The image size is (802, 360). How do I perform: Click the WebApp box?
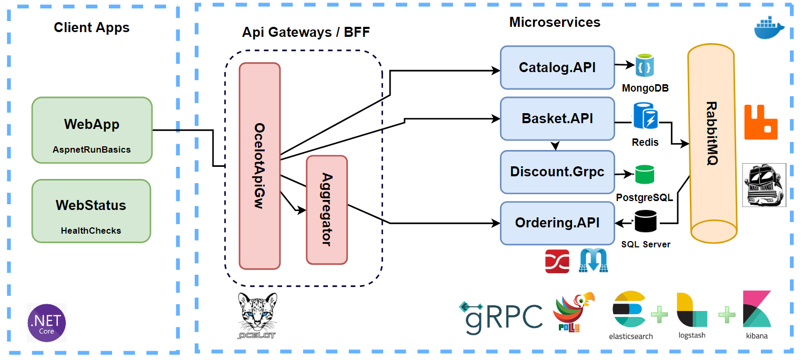click(x=92, y=130)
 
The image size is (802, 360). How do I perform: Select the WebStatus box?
click(x=91, y=211)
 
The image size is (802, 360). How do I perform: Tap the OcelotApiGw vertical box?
click(x=259, y=166)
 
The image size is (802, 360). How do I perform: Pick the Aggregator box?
click(x=327, y=209)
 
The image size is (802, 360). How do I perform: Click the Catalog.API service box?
click(x=557, y=67)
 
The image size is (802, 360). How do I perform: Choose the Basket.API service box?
click(x=557, y=118)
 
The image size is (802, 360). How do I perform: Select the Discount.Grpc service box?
click(x=557, y=172)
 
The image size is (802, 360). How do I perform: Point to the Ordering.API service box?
click(x=557, y=223)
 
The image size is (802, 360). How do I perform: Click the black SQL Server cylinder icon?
click(x=645, y=222)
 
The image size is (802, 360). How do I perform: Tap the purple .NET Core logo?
click(x=47, y=323)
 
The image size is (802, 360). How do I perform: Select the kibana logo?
click(x=757, y=314)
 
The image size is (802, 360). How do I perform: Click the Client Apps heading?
click(x=92, y=27)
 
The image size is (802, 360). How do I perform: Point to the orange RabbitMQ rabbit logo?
click(x=760, y=122)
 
